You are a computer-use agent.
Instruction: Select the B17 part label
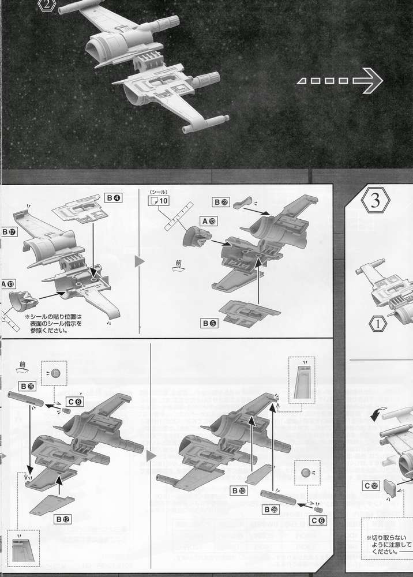pyautogui.click(x=9, y=232)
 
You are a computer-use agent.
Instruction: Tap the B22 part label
pyautogui.click(x=221, y=202)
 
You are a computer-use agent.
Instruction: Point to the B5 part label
pyautogui.click(x=209, y=323)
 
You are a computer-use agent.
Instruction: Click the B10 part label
pyautogui.click(x=239, y=490)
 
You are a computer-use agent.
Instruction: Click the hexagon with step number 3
pyautogui.click(x=375, y=201)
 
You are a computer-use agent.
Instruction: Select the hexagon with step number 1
pyautogui.click(x=378, y=323)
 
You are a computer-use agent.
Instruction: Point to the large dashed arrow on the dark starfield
pyautogui.click(x=340, y=81)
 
